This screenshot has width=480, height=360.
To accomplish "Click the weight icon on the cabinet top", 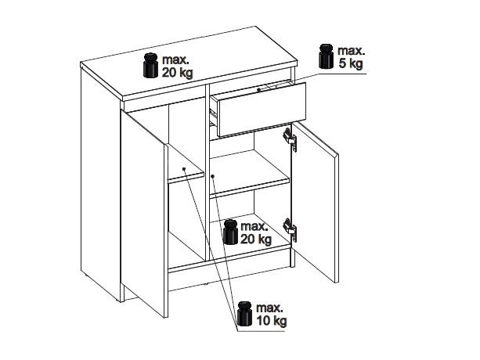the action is (150, 66).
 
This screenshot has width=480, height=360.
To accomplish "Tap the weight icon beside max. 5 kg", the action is (326, 56).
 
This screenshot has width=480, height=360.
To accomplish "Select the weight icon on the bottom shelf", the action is (230, 232).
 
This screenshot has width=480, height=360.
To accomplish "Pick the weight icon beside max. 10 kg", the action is (245, 314).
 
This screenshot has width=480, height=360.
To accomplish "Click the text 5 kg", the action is (351, 63).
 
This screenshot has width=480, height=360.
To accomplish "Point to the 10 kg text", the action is (272, 321).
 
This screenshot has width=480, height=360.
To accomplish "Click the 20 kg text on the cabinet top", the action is (178, 73).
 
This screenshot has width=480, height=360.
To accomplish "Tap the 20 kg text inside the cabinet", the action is (256, 239).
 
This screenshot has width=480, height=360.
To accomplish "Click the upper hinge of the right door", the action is (290, 139).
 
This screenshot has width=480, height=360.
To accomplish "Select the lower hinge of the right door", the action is (290, 229).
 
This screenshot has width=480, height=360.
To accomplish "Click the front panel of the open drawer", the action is (261, 110).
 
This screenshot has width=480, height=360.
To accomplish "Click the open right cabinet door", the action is (315, 203).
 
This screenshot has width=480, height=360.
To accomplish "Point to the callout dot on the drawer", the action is (258, 90).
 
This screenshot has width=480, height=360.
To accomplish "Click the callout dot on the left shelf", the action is (184, 169).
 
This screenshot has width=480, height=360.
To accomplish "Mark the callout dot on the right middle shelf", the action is (213, 176).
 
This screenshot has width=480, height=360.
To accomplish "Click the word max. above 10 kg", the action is (269, 308).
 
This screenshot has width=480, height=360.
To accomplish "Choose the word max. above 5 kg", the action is (351, 50).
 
